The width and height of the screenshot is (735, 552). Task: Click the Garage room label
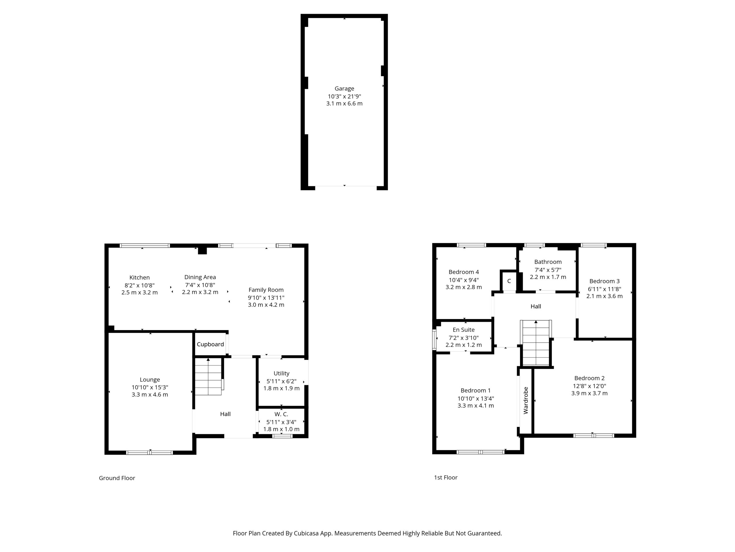click(344, 89)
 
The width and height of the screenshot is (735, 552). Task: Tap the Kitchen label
click(140, 277)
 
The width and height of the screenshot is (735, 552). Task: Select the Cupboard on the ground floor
click(210, 344)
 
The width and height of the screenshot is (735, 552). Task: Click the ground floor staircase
click(208, 376)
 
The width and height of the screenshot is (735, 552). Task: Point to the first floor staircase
click(536, 343)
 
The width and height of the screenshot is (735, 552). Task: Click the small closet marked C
click(509, 281)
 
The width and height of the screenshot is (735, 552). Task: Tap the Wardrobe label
click(526, 400)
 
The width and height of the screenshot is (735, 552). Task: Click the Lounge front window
click(150, 453)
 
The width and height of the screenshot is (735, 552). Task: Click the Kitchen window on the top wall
click(145, 246)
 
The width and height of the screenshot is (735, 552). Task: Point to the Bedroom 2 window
click(593, 436)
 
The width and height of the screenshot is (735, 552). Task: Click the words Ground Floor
click(117, 478)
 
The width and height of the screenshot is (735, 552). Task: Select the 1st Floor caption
click(446, 478)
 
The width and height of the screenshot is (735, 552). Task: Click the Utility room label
click(281, 373)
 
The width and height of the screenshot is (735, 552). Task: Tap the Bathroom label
click(548, 262)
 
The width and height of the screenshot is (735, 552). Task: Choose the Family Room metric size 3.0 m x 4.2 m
click(266, 305)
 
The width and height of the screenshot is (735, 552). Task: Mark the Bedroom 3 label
click(604, 281)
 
